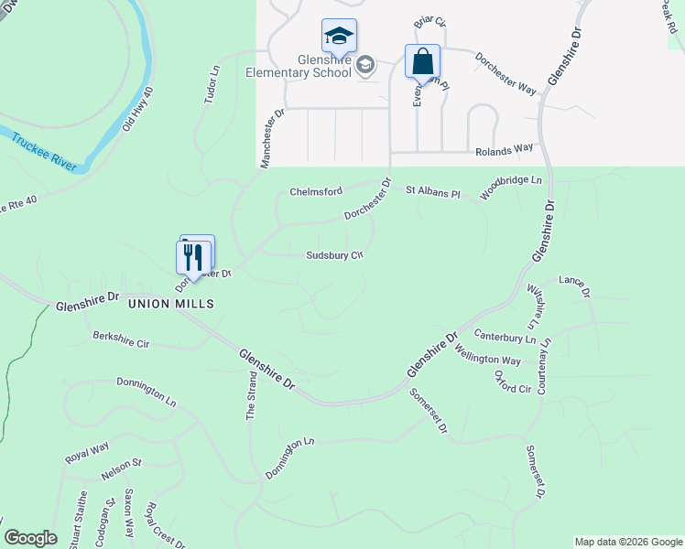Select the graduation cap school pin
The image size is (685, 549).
click(339, 38)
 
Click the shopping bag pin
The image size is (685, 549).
click(422, 63)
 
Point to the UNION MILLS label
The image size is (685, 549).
click(170, 304)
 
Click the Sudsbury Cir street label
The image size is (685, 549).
click(335, 256)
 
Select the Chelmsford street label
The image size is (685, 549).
click(315, 191)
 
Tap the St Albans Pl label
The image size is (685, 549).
click(432, 193)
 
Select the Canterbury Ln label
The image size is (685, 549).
click(503, 339)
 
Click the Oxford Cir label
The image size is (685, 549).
click(512, 382)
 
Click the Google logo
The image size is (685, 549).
click(30, 538)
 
